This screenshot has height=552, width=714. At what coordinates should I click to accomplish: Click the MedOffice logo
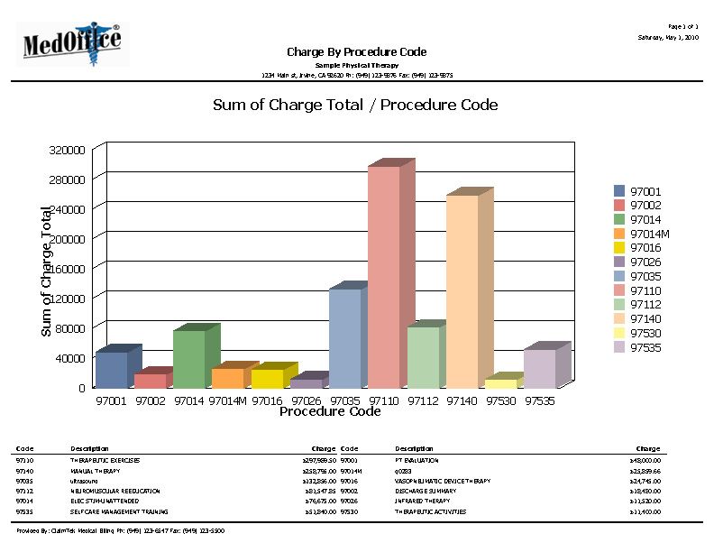coord(73,42)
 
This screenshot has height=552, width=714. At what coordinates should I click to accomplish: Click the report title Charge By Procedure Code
coord(356,52)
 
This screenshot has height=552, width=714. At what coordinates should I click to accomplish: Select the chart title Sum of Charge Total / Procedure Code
coord(355,105)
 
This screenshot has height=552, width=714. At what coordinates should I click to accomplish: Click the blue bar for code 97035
coord(344,337)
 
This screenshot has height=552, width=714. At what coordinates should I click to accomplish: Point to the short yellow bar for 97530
coord(500,382)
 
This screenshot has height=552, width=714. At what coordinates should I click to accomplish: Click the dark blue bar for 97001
coord(112,369)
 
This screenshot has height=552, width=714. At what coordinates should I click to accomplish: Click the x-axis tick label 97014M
coord(227,400)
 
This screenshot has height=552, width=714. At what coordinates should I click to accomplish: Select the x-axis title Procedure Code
coord(330,412)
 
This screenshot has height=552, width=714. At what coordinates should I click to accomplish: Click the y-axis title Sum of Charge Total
coord(47,271)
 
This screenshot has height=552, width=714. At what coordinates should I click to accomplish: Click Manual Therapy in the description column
coord(95,471)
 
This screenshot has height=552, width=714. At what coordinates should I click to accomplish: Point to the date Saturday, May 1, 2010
coord(667,38)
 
